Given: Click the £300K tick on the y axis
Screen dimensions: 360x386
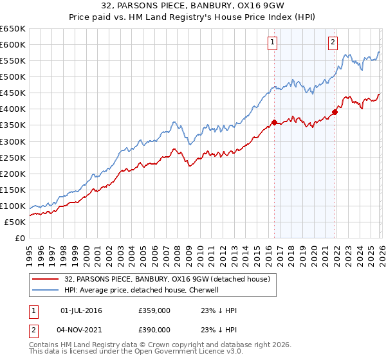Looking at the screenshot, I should click(x=13, y=141).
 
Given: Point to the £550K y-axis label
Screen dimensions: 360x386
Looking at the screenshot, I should click(x=13, y=60).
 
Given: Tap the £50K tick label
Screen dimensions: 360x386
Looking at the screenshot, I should click(x=15, y=222).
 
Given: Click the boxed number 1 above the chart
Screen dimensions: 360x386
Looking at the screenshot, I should click(x=272, y=42).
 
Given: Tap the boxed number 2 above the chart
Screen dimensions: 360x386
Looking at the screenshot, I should click(x=333, y=42).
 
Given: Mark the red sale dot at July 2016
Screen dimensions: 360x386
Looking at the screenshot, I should click(x=274, y=122).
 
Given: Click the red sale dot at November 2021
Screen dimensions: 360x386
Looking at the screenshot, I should click(x=335, y=112).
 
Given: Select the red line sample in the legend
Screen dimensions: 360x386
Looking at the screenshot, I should click(x=46, y=278).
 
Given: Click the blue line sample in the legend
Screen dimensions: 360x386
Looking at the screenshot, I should click(x=46, y=290).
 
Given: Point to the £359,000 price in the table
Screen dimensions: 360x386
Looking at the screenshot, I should click(x=154, y=310).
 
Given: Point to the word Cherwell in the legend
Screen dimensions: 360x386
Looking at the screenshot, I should click(x=205, y=290).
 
